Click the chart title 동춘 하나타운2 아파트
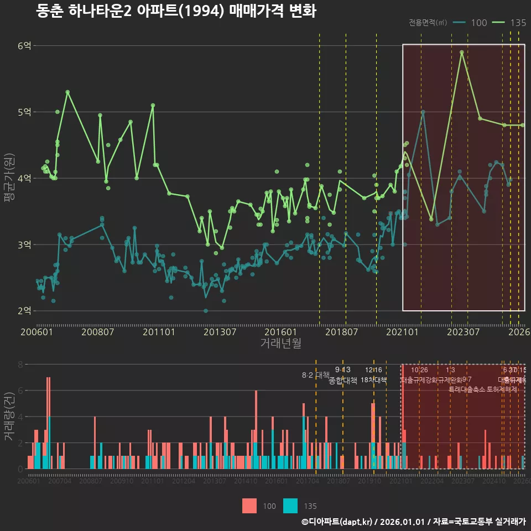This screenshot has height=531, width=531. coord(176,11)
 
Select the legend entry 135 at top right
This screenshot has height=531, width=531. coord(518,23)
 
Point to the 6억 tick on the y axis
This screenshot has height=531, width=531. coord(24,46)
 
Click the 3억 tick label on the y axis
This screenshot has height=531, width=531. coord(24,244)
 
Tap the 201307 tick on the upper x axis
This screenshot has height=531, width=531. coord(220,332)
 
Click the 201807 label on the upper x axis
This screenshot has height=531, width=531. coord(341,332)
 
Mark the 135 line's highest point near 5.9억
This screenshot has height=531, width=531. coord(461,52)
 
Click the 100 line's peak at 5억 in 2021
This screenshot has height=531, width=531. coord(423,112)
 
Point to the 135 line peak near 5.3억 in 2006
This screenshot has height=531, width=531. coord(67,92)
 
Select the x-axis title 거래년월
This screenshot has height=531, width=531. coord(280,343)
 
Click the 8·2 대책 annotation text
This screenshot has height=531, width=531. coord(315,375)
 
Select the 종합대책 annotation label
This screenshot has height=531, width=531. coord(343,381)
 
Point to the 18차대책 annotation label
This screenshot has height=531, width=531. coord(373,381)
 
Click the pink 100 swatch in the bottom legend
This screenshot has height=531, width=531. coord(249,506)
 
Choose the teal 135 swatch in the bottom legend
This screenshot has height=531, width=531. coord(290,506)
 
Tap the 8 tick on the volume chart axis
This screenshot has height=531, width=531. coord(20,365)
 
